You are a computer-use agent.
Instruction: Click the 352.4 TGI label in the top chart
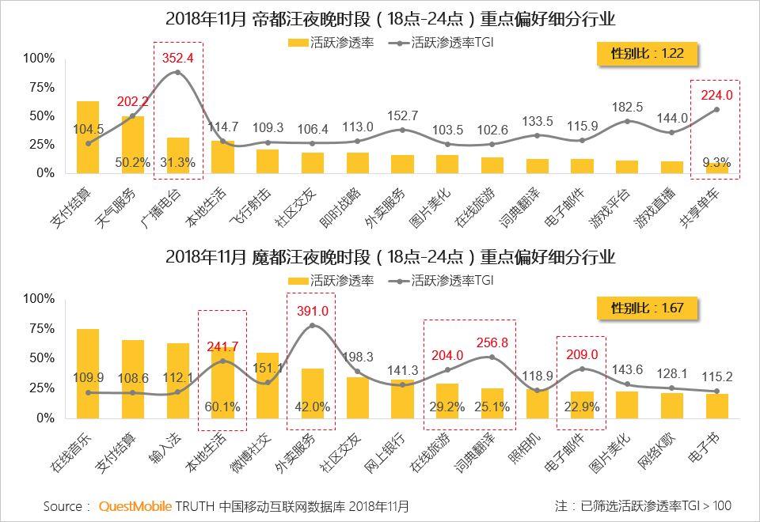[x=177, y=58]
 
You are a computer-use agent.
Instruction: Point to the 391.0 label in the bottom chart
[x=311, y=312]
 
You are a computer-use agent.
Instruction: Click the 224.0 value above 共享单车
[x=716, y=95]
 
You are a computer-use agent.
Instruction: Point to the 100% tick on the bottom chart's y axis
[x=39, y=299]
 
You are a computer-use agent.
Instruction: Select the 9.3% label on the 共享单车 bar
[x=716, y=162]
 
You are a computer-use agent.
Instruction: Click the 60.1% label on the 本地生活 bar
[x=222, y=407]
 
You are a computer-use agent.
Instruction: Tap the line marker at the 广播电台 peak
[x=177, y=72]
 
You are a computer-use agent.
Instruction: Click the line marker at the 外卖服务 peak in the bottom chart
[x=312, y=325]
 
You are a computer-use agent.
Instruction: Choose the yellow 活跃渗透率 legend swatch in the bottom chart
[x=298, y=280]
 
